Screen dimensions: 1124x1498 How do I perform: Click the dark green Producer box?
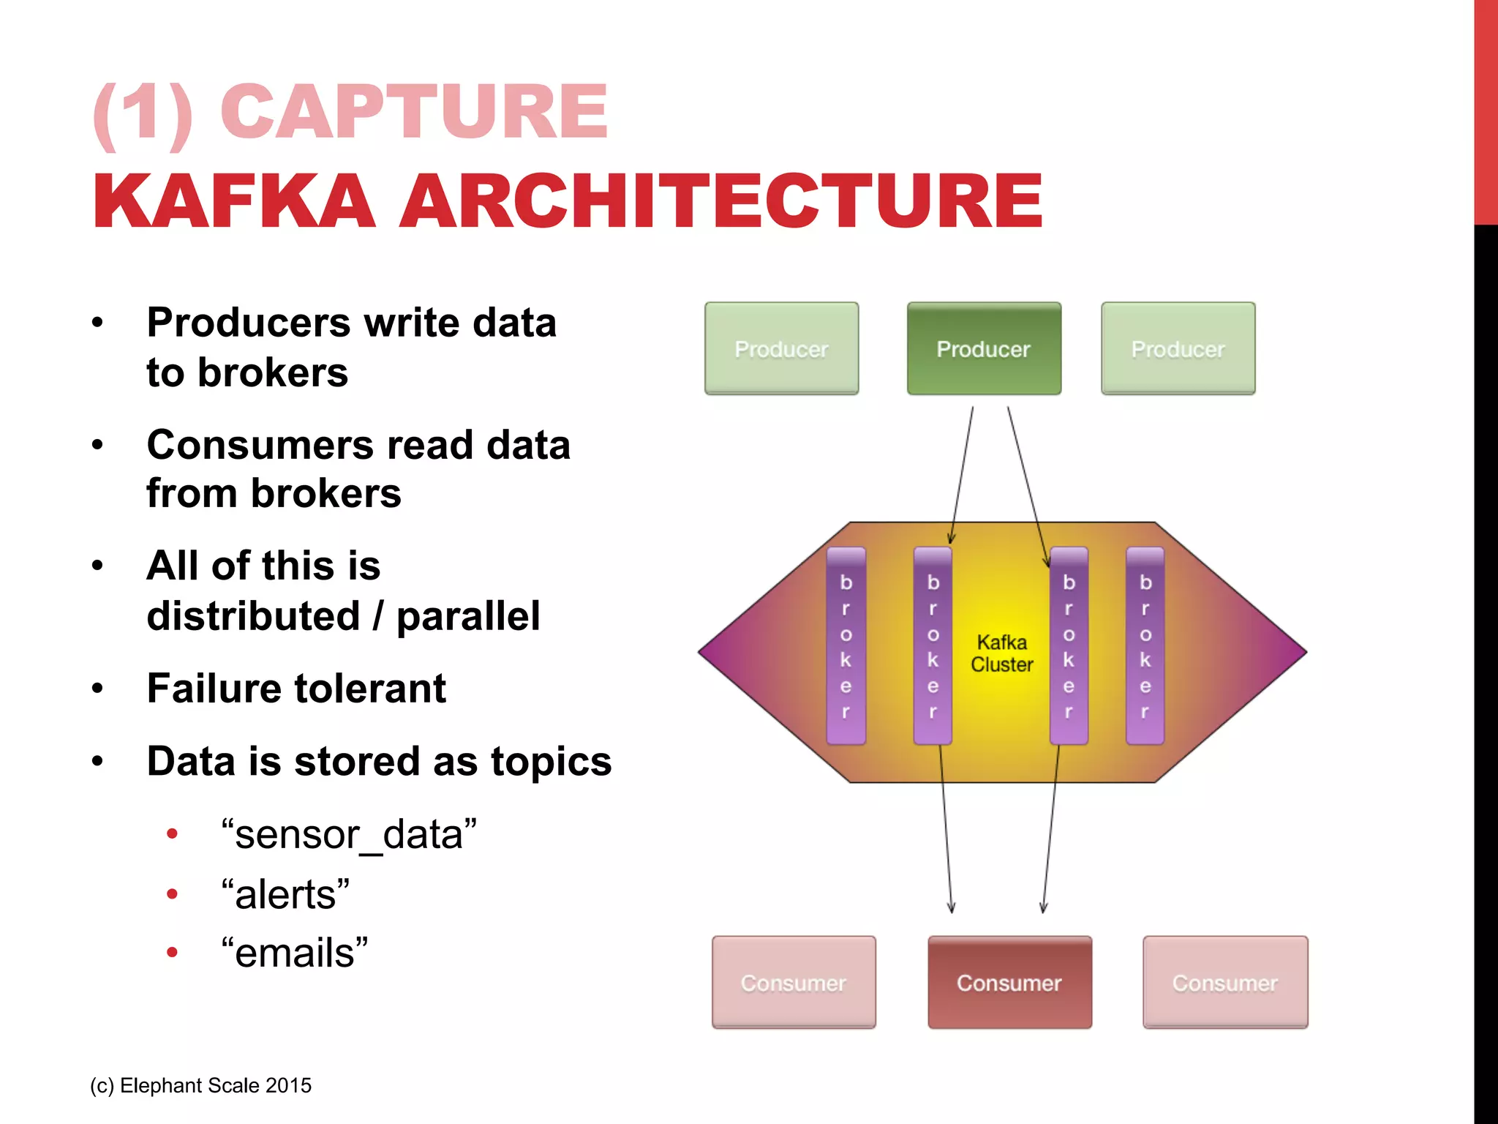coord(984,349)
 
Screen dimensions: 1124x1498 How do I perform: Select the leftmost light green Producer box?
coord(781,349)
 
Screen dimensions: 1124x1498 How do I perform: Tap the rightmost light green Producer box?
coord(1178,349)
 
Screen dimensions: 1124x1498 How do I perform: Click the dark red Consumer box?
coord(1009,982)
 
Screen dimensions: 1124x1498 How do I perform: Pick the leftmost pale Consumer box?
coord(794,982)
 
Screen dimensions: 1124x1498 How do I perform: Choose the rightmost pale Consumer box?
coord(1225,982)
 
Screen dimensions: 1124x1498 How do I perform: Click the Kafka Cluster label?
coord(1001,653)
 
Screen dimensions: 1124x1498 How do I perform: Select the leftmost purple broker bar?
coord(846,646)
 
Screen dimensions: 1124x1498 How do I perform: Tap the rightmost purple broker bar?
coord(1145,646)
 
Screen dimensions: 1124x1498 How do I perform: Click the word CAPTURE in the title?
coord(414,111)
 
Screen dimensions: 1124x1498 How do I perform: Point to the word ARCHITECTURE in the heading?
coord(720,201)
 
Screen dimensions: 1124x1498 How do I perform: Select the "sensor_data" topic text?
coord(349,834)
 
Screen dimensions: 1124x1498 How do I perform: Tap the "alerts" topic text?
coord(285,894)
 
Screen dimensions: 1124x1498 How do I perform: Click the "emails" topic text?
coord(295,953)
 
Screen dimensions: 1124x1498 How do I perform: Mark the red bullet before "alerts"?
coord(173,893)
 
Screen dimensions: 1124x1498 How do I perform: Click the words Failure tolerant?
coord(296,689)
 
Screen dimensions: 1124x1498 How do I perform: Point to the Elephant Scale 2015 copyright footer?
coord(201,1085)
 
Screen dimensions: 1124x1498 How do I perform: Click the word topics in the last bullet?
coord(551,761)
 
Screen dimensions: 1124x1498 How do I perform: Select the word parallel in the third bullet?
coord(468,615)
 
